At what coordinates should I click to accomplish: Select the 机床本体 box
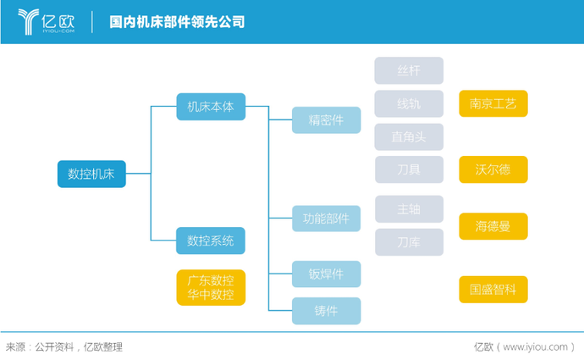[211, 107]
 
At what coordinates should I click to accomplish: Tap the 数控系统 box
[211, 241]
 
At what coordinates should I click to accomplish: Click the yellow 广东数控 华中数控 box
[211, 288]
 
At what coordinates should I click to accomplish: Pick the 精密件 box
[326, 120]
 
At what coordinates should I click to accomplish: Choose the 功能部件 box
[326, 217]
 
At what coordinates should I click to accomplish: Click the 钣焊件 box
[326, 274]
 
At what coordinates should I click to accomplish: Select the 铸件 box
[326, 311]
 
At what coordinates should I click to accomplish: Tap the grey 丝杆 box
[409, 70]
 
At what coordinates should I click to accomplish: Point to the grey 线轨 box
[409, 103]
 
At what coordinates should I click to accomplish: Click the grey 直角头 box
[409, 136]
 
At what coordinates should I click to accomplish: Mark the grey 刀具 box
[409, 169]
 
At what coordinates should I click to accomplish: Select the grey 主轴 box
[409, 208]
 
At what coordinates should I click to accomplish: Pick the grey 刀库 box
[409, 241]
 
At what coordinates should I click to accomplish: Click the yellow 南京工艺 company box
[493, 103]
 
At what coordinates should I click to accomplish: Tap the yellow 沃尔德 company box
[493, 169]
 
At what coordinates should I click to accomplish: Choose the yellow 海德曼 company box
[493, 225]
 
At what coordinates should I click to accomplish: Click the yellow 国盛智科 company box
[493, 289]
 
